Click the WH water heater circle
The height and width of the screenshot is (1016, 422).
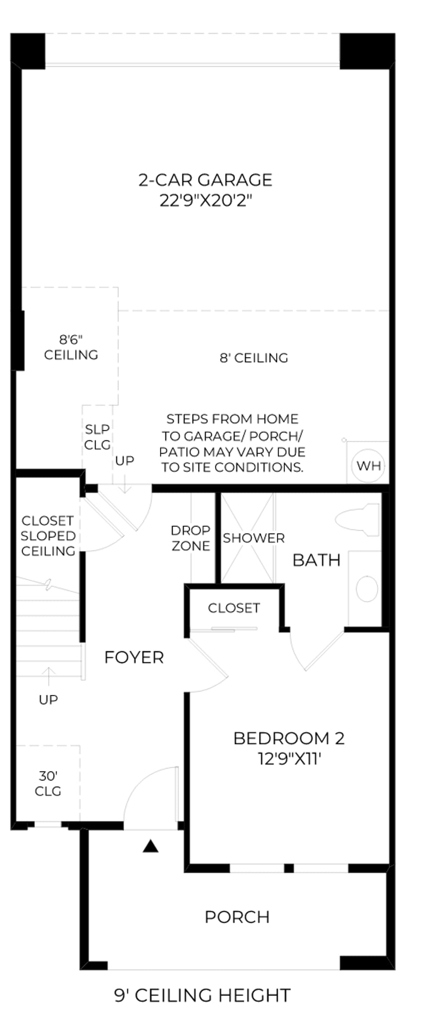369,466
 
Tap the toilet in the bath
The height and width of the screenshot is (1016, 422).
357,520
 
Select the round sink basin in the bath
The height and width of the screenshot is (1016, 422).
367,589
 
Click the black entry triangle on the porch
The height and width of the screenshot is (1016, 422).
150,846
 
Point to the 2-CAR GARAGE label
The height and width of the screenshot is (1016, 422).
205,180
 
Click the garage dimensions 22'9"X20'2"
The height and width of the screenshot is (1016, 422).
205,200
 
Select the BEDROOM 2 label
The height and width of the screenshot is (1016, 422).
289,738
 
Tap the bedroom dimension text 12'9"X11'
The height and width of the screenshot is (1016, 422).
289,759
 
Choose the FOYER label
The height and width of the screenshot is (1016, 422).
134,657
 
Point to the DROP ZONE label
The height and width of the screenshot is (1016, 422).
191,538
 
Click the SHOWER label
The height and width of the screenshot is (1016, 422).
253,538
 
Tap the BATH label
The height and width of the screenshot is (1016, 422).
316,560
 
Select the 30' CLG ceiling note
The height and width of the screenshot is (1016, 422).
48,783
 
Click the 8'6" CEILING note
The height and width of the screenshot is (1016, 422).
71,347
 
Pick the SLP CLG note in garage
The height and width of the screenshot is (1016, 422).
97,437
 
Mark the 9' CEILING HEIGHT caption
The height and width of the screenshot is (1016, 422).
202,995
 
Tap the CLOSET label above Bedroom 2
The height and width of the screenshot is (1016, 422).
234,608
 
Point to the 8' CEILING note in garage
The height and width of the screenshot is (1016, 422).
253,358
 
